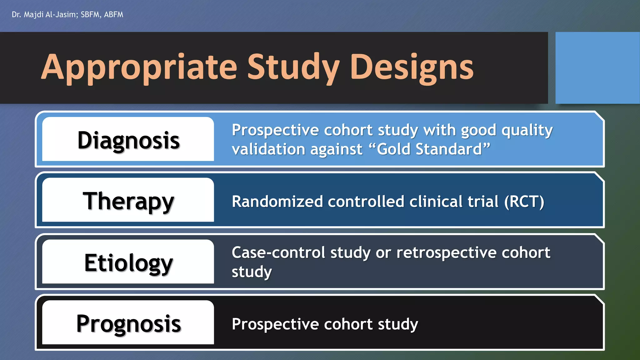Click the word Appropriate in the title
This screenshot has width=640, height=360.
139,67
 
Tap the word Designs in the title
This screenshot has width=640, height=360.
412,67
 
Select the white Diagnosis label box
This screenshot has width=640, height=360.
128,139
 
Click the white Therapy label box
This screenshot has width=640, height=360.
128,200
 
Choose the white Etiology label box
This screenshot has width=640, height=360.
128,262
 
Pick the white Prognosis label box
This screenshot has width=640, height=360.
128,322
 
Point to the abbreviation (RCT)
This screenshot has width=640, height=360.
524,202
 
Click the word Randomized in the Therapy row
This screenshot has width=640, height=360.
277,202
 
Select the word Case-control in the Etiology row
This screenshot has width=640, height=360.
278,252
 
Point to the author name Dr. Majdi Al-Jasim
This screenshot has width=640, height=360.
44,15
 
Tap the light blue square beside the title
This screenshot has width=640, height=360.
597,68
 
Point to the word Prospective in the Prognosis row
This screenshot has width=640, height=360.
275,324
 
